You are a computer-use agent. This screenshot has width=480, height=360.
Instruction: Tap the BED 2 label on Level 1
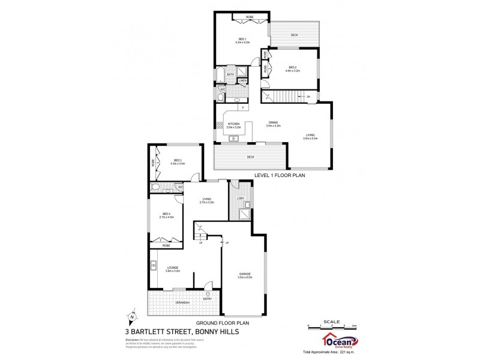coord(292,67)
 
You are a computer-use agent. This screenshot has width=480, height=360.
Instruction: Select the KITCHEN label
coord(233,124)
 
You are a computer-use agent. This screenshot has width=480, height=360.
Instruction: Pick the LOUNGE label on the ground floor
coord(172,268)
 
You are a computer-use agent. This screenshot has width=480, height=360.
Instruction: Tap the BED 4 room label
coord(166,214)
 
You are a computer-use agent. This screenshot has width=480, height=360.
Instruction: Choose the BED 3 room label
coord(178,160)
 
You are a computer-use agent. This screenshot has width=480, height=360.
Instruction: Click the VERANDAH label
coord(182,302)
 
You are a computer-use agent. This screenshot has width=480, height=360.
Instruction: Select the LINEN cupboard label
coord(242,80)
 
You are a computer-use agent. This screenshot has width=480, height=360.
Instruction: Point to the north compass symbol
coord(133,317)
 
